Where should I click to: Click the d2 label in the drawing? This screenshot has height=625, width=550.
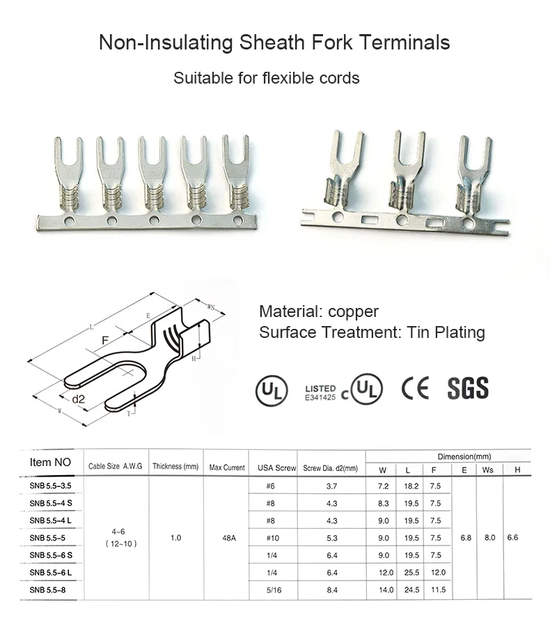coord(79,399)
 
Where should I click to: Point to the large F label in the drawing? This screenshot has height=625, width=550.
coord(106,341)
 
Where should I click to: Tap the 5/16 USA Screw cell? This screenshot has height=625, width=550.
coord(273,590)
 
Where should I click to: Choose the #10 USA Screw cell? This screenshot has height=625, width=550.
coord(273,538)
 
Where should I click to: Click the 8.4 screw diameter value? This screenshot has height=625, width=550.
coord(331,590)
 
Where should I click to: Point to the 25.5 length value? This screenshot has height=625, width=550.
coord(411,573)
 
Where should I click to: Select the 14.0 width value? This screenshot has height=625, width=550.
coord(386,590)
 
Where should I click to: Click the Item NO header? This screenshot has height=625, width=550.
coord(51,462)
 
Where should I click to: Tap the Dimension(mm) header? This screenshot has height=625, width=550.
coord(464,456)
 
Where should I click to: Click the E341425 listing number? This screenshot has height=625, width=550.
coord(320,397)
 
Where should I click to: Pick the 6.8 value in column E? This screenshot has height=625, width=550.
coord(465,538)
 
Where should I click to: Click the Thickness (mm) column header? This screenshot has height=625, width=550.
coord(176,467)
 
